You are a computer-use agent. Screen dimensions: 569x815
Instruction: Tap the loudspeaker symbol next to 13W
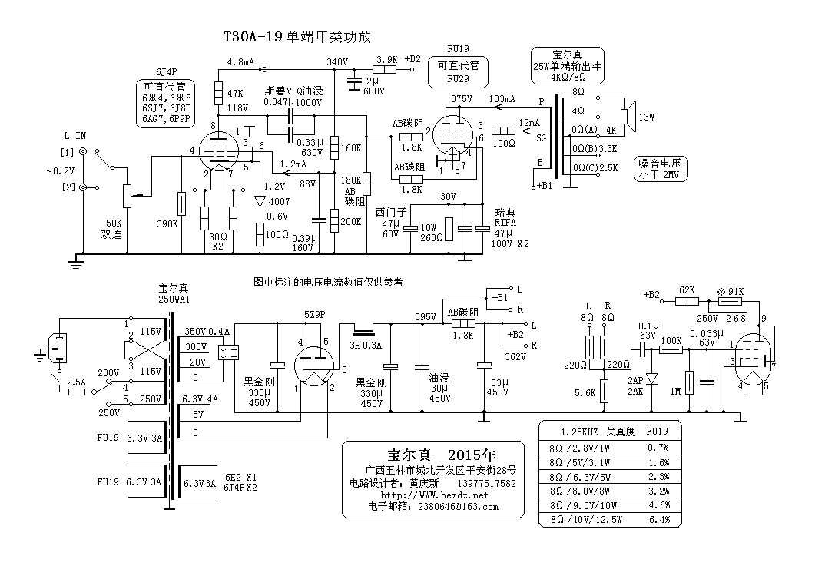coord(626,117)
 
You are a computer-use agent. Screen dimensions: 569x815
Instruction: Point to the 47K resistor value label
coord(235,94)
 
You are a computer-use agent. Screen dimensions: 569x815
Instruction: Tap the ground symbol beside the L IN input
coord(76,263)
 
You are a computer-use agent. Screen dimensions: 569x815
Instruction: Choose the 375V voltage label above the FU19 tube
coord(462,99)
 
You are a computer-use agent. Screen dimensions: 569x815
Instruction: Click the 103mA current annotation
coord(502,99)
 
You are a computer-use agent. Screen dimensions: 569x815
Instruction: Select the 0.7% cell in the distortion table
coord(658,446)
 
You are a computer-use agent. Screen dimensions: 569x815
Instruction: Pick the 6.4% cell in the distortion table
coord(658,519)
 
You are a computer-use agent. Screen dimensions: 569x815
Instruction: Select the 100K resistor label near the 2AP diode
coord(671,340)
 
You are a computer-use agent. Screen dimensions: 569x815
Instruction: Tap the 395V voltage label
coord(425,316)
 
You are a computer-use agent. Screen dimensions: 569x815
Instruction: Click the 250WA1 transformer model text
coord(174,299)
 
